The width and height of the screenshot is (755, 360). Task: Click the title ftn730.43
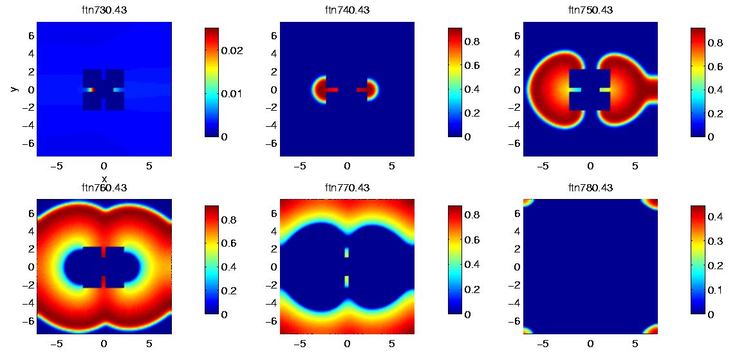tap(104, 10)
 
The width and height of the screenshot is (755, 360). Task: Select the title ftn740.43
tap(347, 10)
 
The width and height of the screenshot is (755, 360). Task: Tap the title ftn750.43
tap(590, 10)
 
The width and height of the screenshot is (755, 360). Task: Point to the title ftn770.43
tap(347, 188)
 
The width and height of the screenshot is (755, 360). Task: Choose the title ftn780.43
tap(590, 188)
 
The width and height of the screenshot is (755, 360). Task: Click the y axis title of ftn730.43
tap(13, 89)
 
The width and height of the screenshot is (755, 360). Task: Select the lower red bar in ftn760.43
tap(104, 281)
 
